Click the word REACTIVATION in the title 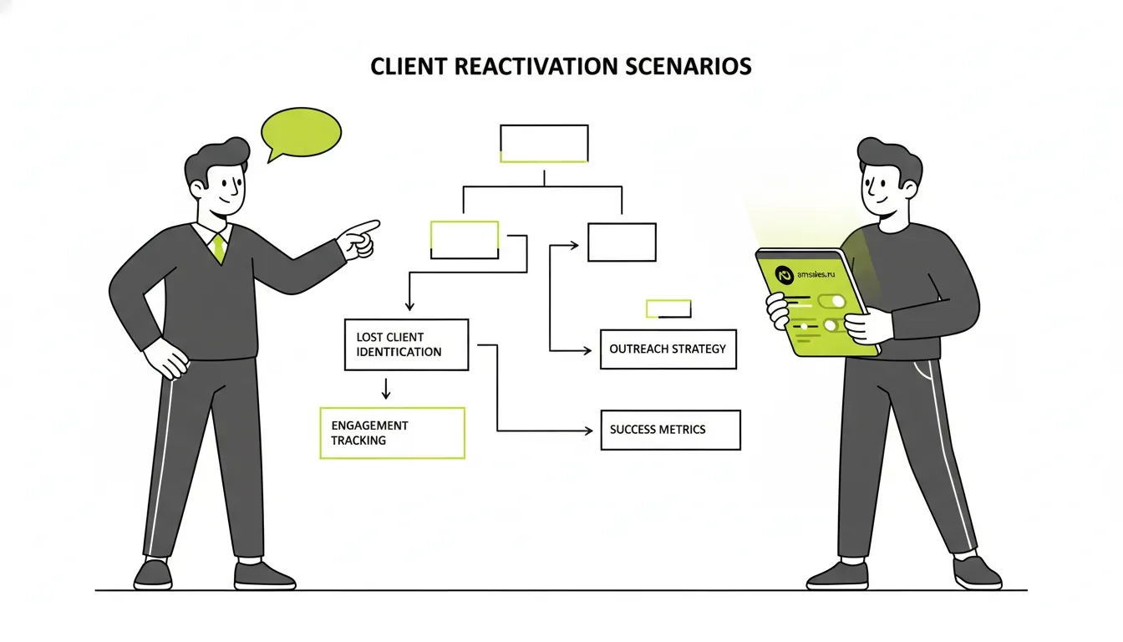tap(536, 67)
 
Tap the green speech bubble tap(302, 132)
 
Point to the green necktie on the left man tap(219, 248)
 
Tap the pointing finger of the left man tap(366, 227)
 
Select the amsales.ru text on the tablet tap(816, 274)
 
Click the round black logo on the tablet tap(785, 275)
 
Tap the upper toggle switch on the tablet tap(832, 301)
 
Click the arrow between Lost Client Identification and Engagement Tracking tap(385, 389)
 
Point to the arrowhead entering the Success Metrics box tap(588, 431)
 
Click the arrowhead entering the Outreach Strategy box tap(587, 350)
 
